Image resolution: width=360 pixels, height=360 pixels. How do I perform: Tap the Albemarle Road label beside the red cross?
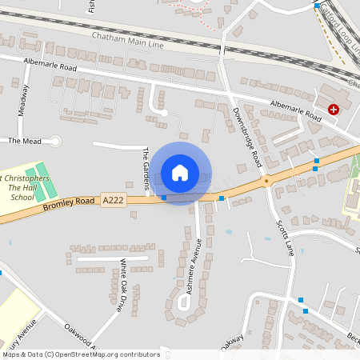click(x=295, y=110)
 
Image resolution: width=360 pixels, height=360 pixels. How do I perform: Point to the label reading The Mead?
click(x=24, y=141)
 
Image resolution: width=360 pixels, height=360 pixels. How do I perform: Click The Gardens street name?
click(x=146, y=169)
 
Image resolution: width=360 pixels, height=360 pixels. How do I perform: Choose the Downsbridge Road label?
click(x=246, y=137)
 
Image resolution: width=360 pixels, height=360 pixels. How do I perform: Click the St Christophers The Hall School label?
click(x=24, y=186)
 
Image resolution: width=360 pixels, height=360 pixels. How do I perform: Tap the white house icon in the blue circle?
click(x=180, y=172)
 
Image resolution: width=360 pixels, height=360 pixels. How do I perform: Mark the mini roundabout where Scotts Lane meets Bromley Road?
click(x=266, y=181)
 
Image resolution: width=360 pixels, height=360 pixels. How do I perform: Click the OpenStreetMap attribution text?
click(x=80, y=354)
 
